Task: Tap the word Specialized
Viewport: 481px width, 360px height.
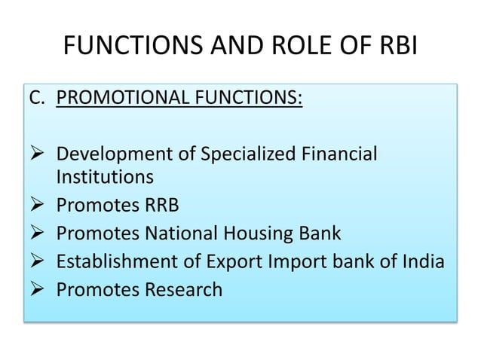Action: (240, 156)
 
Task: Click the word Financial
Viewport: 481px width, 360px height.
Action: (337, 156)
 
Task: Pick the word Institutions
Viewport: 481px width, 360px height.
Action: (105, 178)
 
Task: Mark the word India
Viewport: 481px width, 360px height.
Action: (419, 261)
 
